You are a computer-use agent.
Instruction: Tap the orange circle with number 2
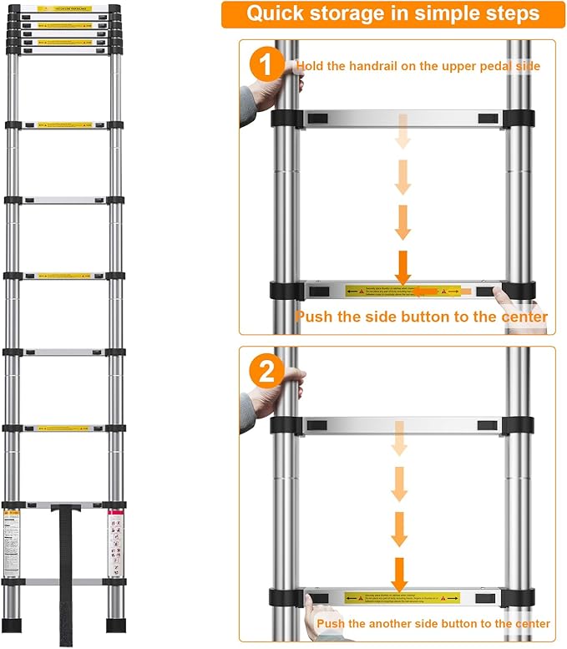266,373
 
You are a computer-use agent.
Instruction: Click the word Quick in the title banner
280,15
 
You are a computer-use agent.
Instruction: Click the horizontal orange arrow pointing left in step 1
431,292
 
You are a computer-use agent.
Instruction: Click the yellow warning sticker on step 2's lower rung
402,598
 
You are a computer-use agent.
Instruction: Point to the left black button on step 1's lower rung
320,292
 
